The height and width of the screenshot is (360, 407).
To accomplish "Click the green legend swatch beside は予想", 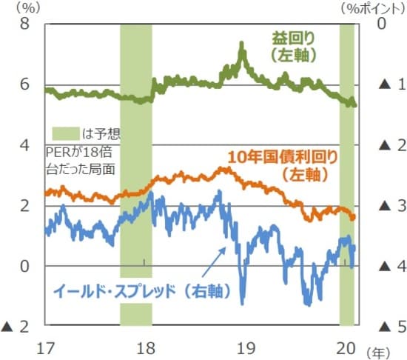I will [65, 133].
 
